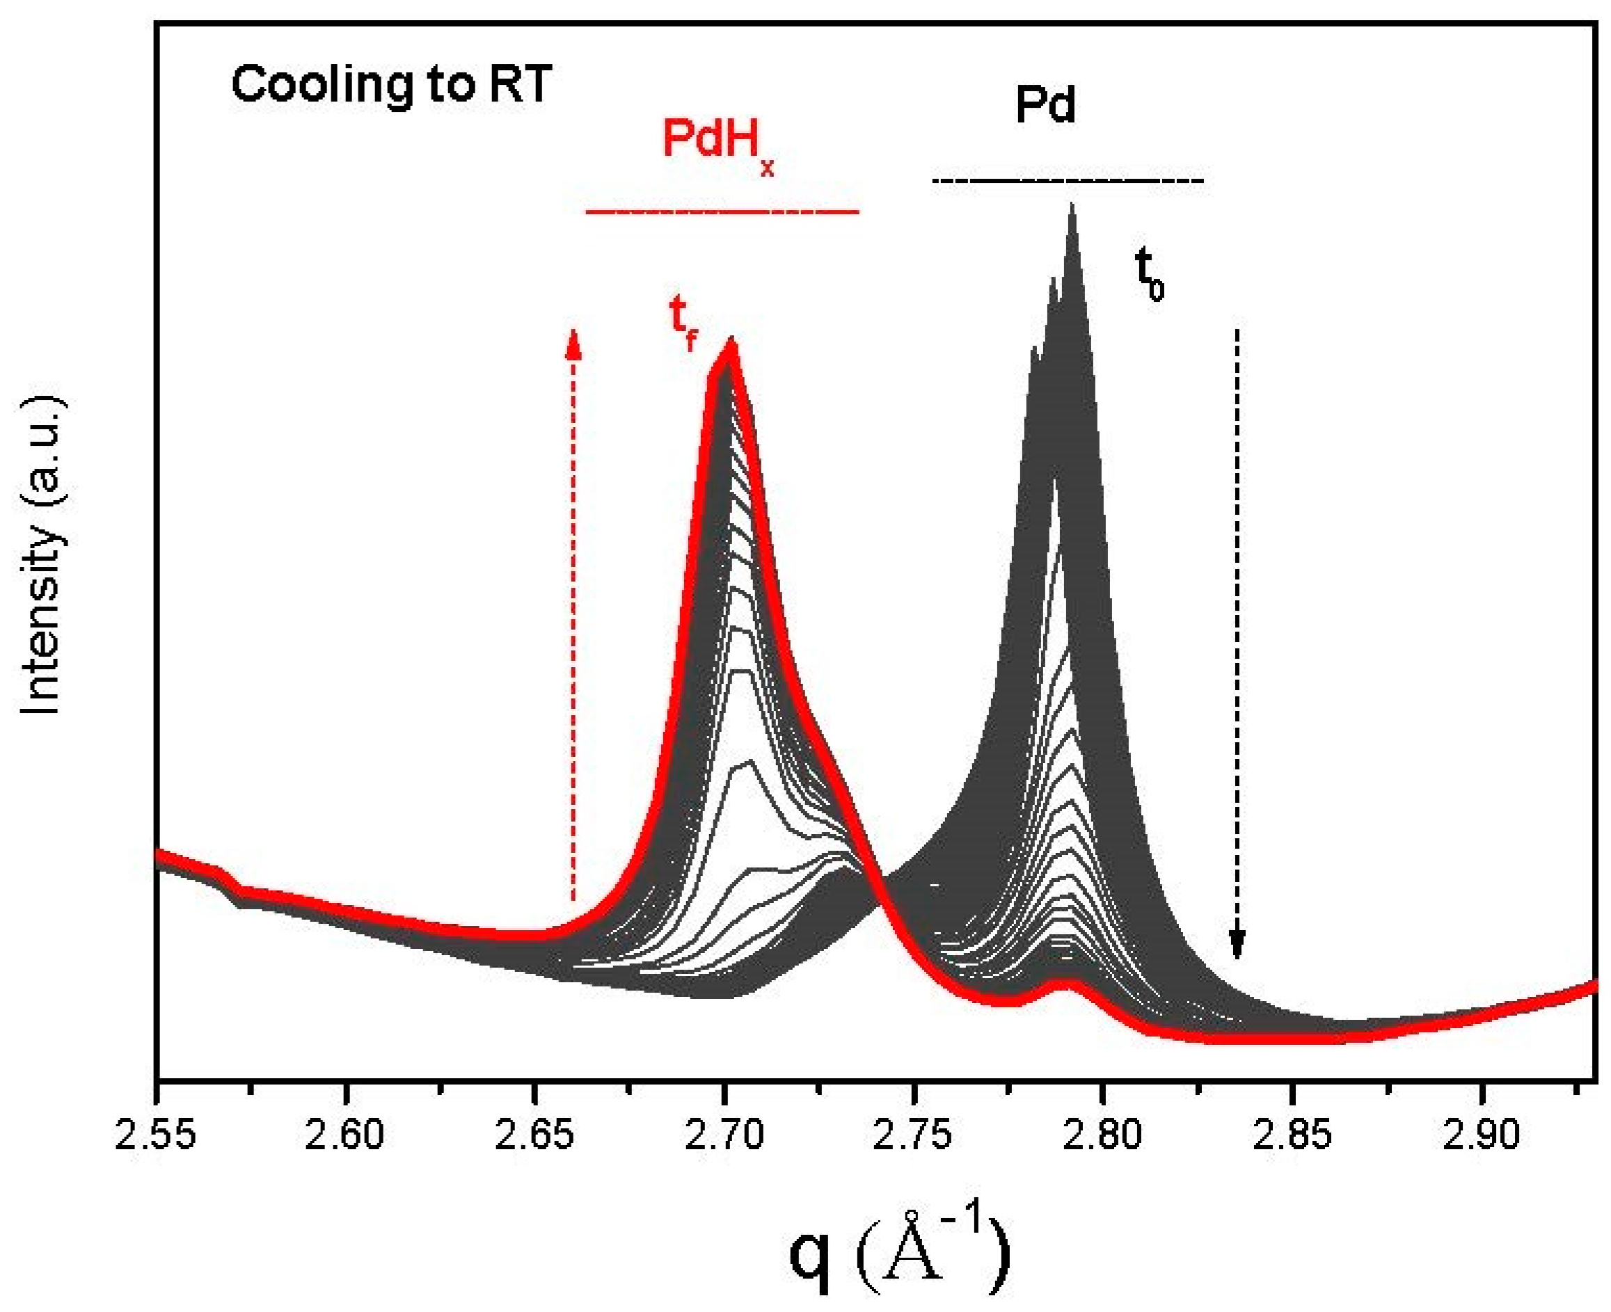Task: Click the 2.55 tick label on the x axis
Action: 155,1136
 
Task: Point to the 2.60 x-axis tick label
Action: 344,1136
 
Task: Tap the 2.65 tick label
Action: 534,1136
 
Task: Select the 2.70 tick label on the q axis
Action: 724,1136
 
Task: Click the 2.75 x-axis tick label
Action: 913,1136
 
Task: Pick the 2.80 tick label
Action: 1102,1136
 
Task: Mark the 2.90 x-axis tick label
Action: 1481,1136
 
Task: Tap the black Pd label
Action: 1045,106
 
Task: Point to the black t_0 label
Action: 1149,276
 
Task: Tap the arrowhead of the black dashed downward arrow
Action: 1237,945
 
